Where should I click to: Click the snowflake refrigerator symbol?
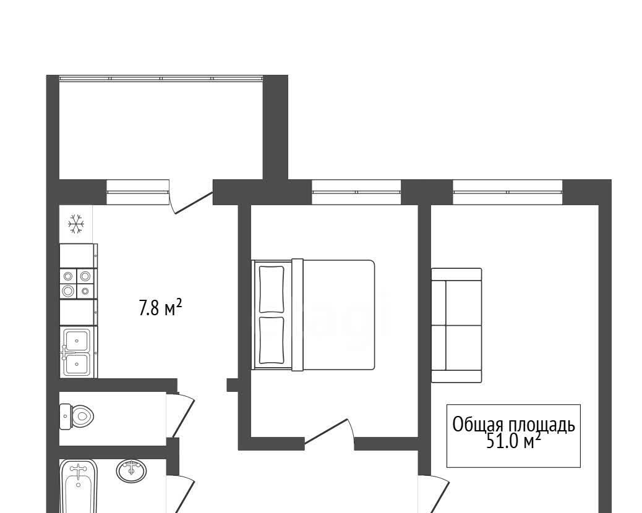point(76,224)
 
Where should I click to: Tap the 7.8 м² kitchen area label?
point(160,308)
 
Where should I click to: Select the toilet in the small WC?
point(77,417)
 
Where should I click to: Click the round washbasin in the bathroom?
point(131,471)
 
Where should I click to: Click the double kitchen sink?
point(78,352)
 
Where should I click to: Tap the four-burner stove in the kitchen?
point(78,284)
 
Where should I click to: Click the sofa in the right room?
point(456,325)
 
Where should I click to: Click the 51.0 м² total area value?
point(513,441)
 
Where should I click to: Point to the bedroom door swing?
point(329,434)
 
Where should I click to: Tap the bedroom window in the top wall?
point(356,192)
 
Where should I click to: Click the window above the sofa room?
point(508,192)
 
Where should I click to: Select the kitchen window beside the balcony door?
point(138,192)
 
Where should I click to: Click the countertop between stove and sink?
point(78,313)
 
